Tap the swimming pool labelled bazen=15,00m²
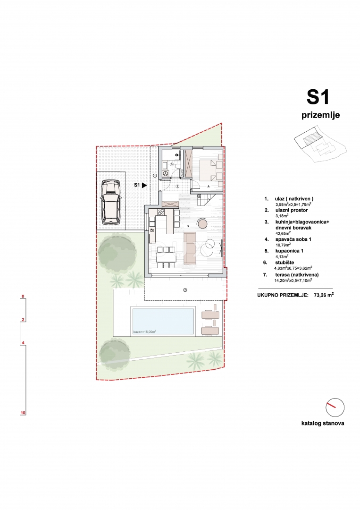[163, 321]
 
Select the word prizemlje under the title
[320, 115]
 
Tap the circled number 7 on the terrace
[185, 289]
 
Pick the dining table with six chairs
[167, 256]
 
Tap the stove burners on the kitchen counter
[160, 211]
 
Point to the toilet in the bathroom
[166, 173]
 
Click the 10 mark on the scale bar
[23, 413]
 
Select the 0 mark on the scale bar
[23, 297]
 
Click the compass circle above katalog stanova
[335, 407]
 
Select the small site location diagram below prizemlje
[320, 144]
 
